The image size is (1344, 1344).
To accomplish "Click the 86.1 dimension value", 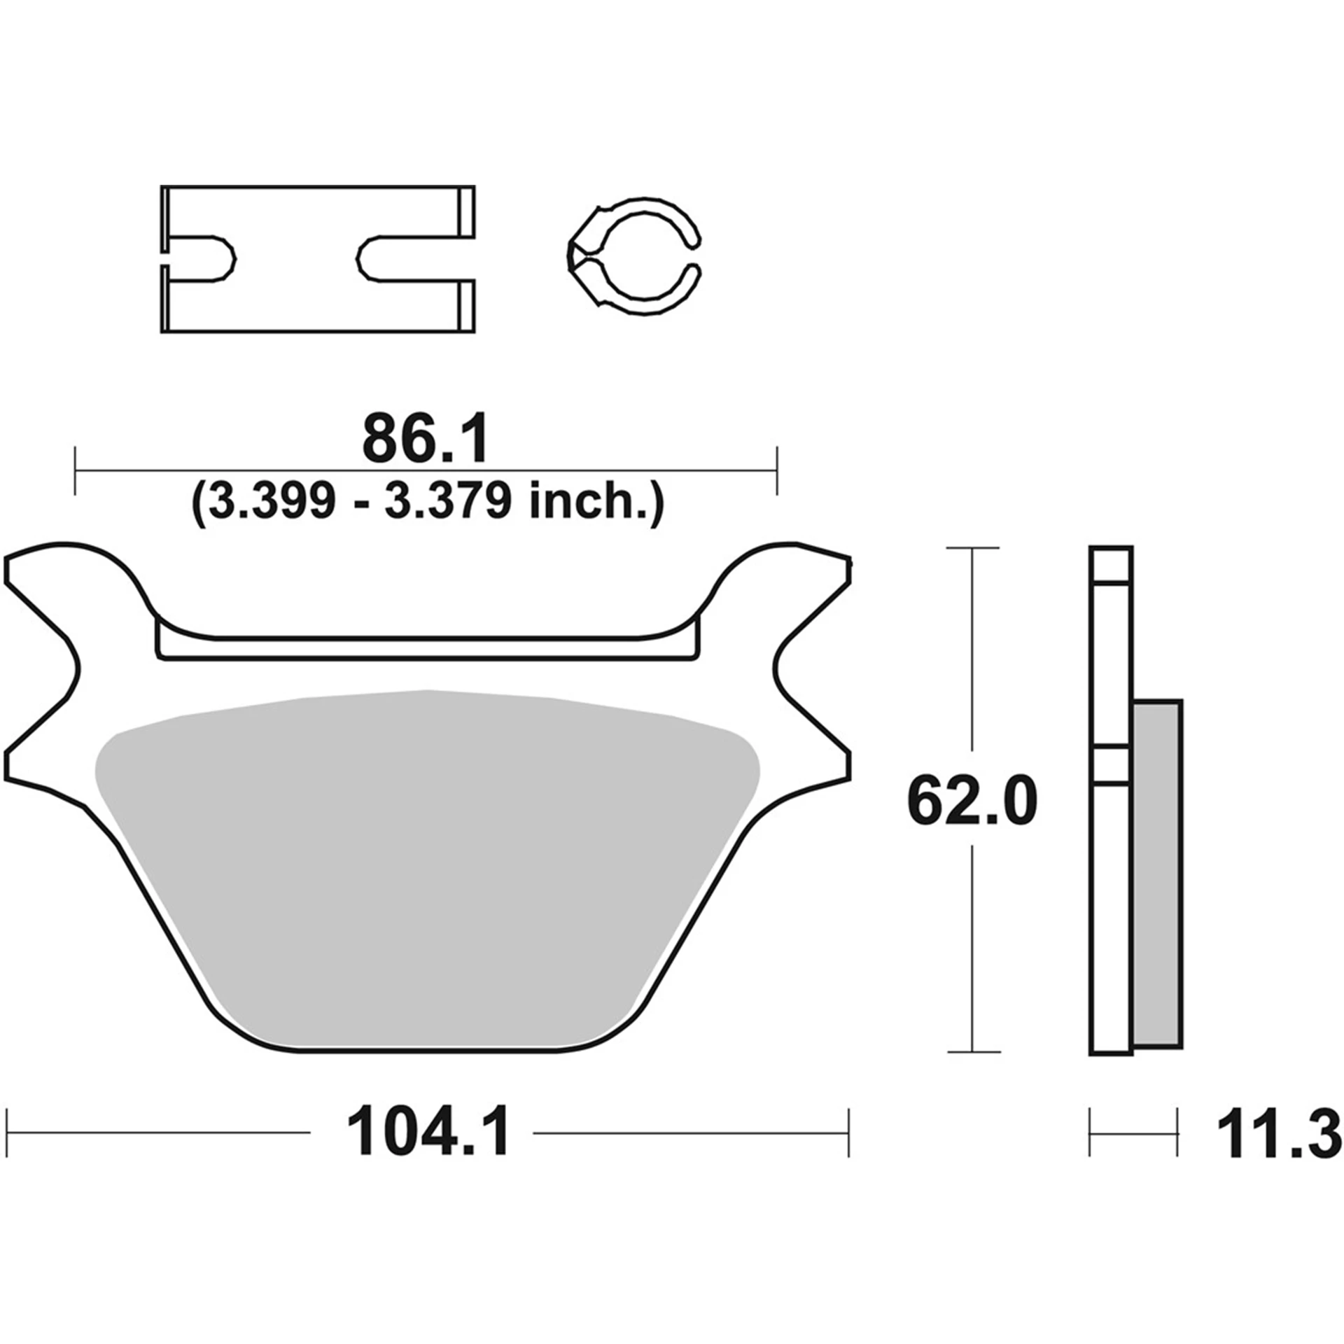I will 425,440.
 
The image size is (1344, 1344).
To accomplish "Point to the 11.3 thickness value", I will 1279,1133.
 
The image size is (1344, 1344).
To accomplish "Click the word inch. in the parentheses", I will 592,501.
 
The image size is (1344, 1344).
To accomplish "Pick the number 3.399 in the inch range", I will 272,501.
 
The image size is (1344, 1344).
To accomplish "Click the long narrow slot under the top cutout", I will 427,648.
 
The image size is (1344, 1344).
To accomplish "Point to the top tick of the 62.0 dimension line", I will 972,548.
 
